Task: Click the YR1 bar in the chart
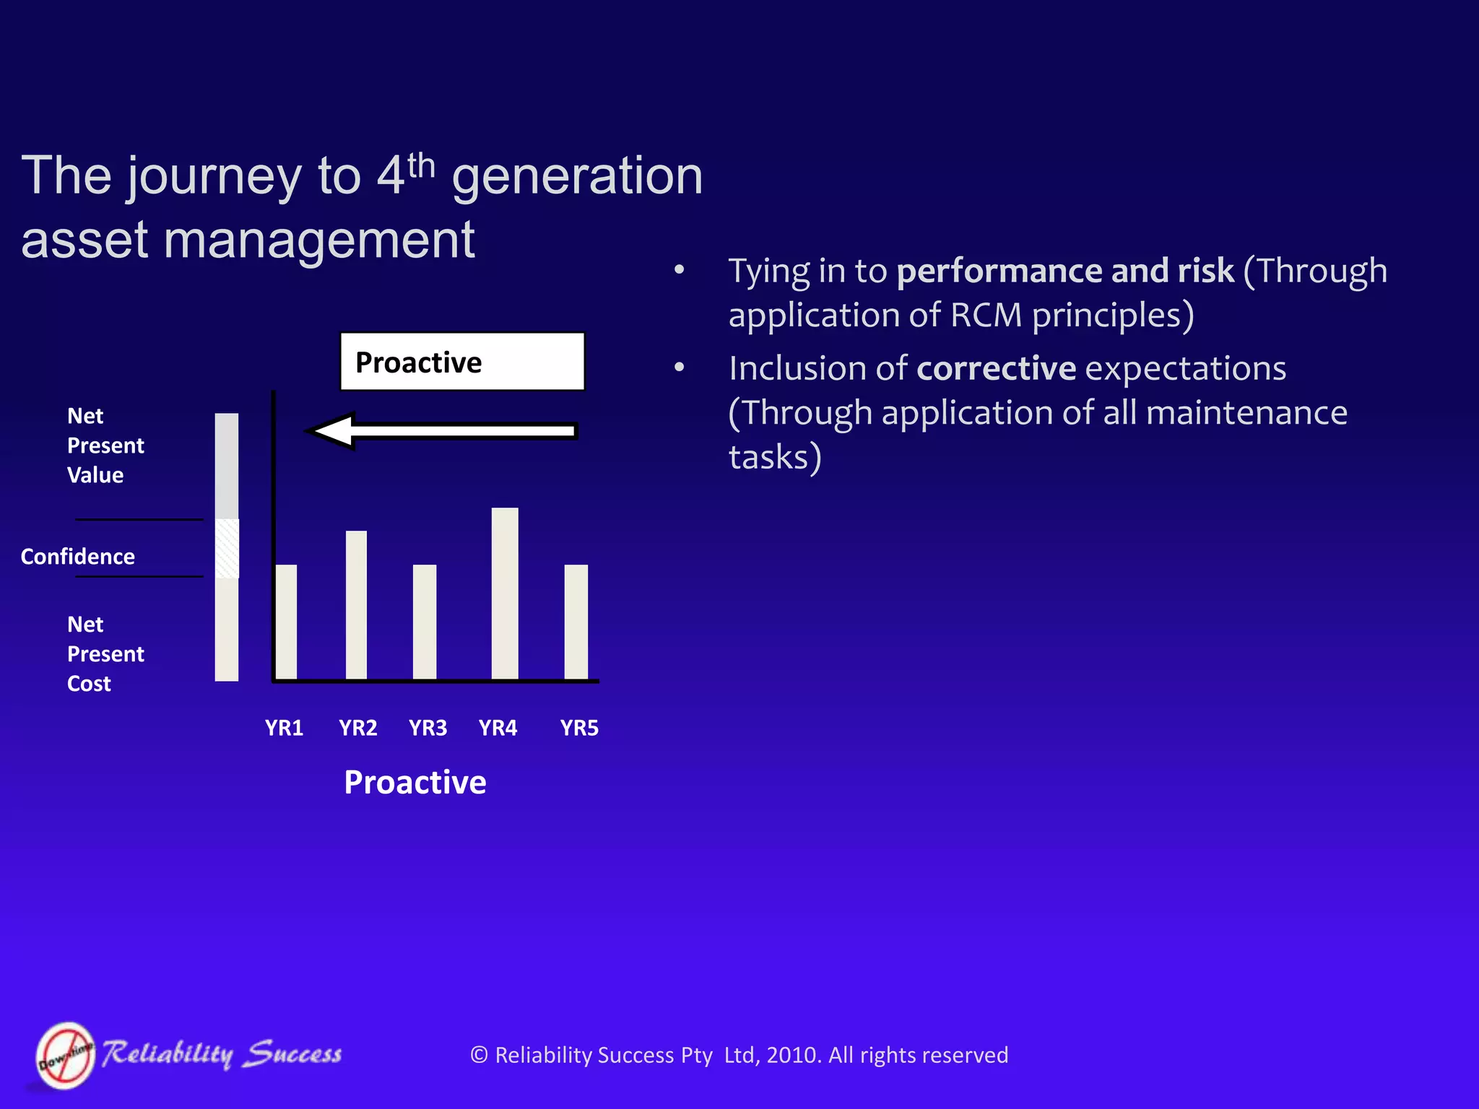point(286,622)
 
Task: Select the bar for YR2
point(356,605)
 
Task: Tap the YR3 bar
point(425,622)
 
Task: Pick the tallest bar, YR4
point(505,593)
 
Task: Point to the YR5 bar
point(576,622)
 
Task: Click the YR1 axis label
point(284,728)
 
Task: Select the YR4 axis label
point(498,728)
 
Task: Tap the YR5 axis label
point(579,728)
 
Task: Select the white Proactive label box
point(462,362)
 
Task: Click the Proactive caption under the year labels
point(415,783)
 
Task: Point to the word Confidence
point(78,557)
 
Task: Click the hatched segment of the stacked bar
point(227,548)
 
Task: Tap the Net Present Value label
point(105,445)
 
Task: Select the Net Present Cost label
point(105,654)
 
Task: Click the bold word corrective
point(997,369)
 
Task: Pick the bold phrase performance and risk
point(1065,271)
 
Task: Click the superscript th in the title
point(421,167)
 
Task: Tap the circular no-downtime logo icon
point(66,1056)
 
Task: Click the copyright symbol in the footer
point(479,1056)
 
